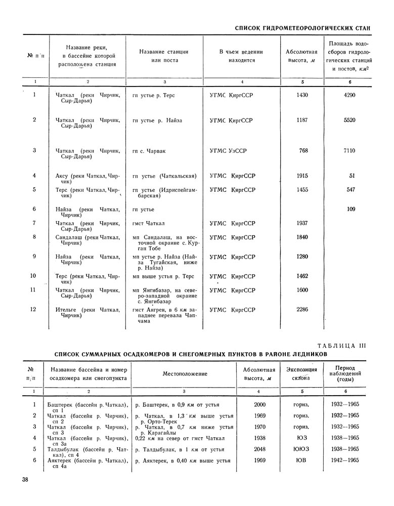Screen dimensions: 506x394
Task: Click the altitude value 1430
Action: [x=302, y=95]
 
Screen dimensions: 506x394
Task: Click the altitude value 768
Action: [x=303, y=150]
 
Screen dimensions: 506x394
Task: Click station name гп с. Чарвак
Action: [x=152, y=150]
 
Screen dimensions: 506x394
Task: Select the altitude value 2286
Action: [x=302, y=309]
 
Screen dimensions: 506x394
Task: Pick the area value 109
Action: [x=351, y=209]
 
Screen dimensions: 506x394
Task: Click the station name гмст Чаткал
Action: [x=149, y=223]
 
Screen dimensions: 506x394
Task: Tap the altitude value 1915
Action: [x=302, y=176]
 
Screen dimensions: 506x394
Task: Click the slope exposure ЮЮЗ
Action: [x=300, y=449]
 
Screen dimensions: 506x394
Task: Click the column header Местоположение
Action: [x=185, y=373]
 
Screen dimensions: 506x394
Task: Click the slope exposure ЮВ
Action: [x=300, y=460]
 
